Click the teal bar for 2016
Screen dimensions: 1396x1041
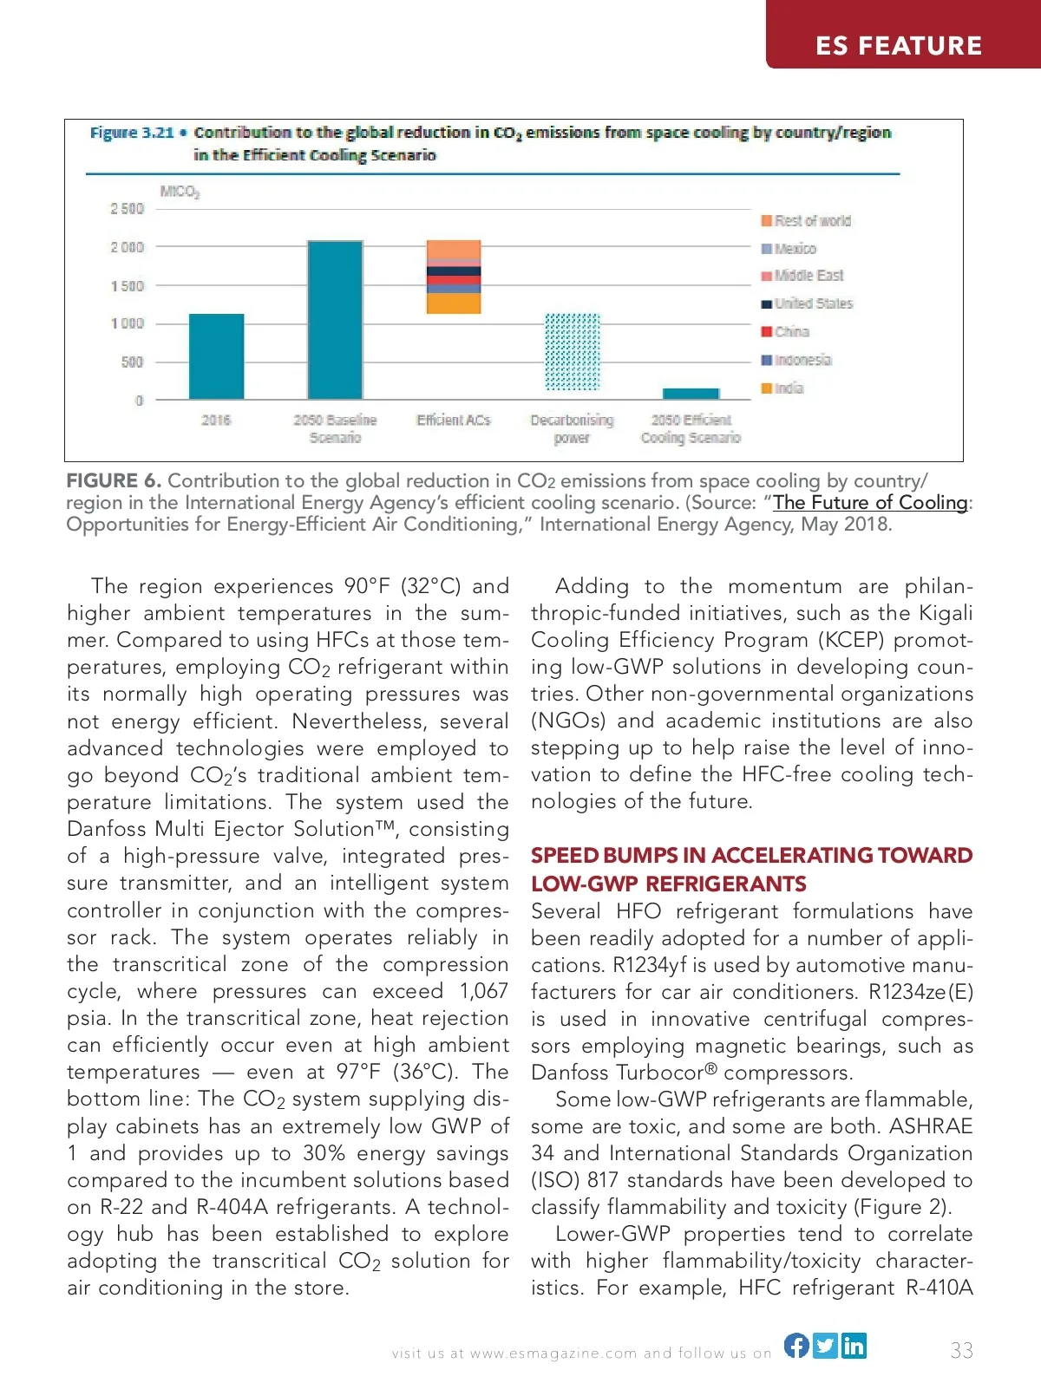pos(216,356)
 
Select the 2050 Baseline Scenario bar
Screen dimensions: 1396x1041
pos(335,320)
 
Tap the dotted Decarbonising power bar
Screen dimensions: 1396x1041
pos(572,352)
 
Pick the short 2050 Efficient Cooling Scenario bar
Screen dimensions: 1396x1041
pos(691,394)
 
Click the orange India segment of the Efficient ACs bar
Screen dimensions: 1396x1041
pos(453,303)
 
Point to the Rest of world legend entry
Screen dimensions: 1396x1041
pos(806,221)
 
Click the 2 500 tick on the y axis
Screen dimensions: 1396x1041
pos(127,209)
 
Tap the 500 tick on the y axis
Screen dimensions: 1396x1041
pos(132,362)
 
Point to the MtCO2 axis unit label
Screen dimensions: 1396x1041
pos(180,191)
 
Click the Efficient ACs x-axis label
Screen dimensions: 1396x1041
pos(453,421)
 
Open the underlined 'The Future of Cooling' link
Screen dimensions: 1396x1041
pos(870,503)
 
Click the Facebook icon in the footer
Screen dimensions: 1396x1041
pos(796,1345)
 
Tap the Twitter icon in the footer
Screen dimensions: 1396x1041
pos(826,1345)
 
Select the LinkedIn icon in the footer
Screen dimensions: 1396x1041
pos(854,1345)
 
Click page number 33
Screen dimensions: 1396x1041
pos(961,1350)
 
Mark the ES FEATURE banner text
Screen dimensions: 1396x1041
pos(898,46)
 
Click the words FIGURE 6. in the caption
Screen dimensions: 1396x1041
pos(114,481)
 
